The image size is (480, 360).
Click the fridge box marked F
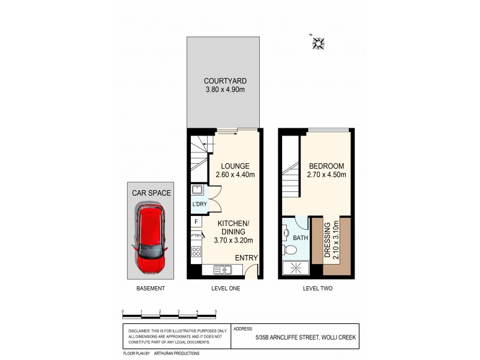(196, 222)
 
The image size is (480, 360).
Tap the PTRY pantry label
(196, 236)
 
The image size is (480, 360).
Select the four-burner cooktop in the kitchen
(196, 252)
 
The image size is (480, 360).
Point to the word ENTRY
(247, 258)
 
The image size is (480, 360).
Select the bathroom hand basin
(286, 232)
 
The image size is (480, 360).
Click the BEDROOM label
(326, 166)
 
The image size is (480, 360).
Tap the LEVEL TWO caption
(316, 289)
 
